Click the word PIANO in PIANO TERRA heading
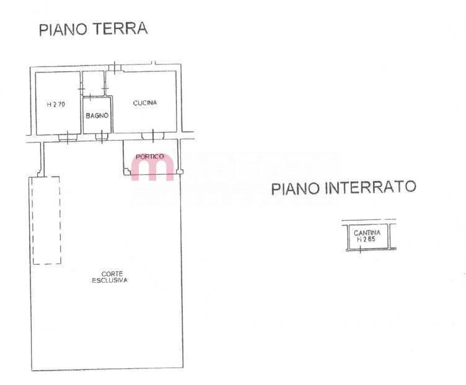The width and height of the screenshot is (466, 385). point(63,29)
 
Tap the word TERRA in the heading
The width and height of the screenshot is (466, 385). point(120,29)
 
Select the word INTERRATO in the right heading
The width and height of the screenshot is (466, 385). point(371,188)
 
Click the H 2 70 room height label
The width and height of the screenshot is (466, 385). point(56,104)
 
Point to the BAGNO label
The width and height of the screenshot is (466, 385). point(97,116)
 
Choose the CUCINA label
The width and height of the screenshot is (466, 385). point(145,103)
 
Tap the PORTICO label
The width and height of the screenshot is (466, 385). point(150,156)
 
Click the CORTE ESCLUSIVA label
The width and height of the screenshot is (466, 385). point(110,277)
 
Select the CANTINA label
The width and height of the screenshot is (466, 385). point(367,232)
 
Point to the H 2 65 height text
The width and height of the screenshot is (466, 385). point(366,239)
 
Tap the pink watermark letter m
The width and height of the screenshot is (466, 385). point(152,167)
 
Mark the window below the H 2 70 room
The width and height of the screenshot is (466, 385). point(68,138)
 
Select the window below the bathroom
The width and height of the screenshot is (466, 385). point(102,137)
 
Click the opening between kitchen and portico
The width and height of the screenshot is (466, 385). point(153,136)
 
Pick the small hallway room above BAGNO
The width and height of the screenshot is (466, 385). point(93,84)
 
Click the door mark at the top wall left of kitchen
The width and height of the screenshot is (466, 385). point(115,68)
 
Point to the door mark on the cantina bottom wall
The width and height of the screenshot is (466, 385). point(360,250)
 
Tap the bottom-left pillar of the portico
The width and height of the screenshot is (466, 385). point(126,172)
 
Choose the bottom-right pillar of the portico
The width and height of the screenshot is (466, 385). point(180,172)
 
